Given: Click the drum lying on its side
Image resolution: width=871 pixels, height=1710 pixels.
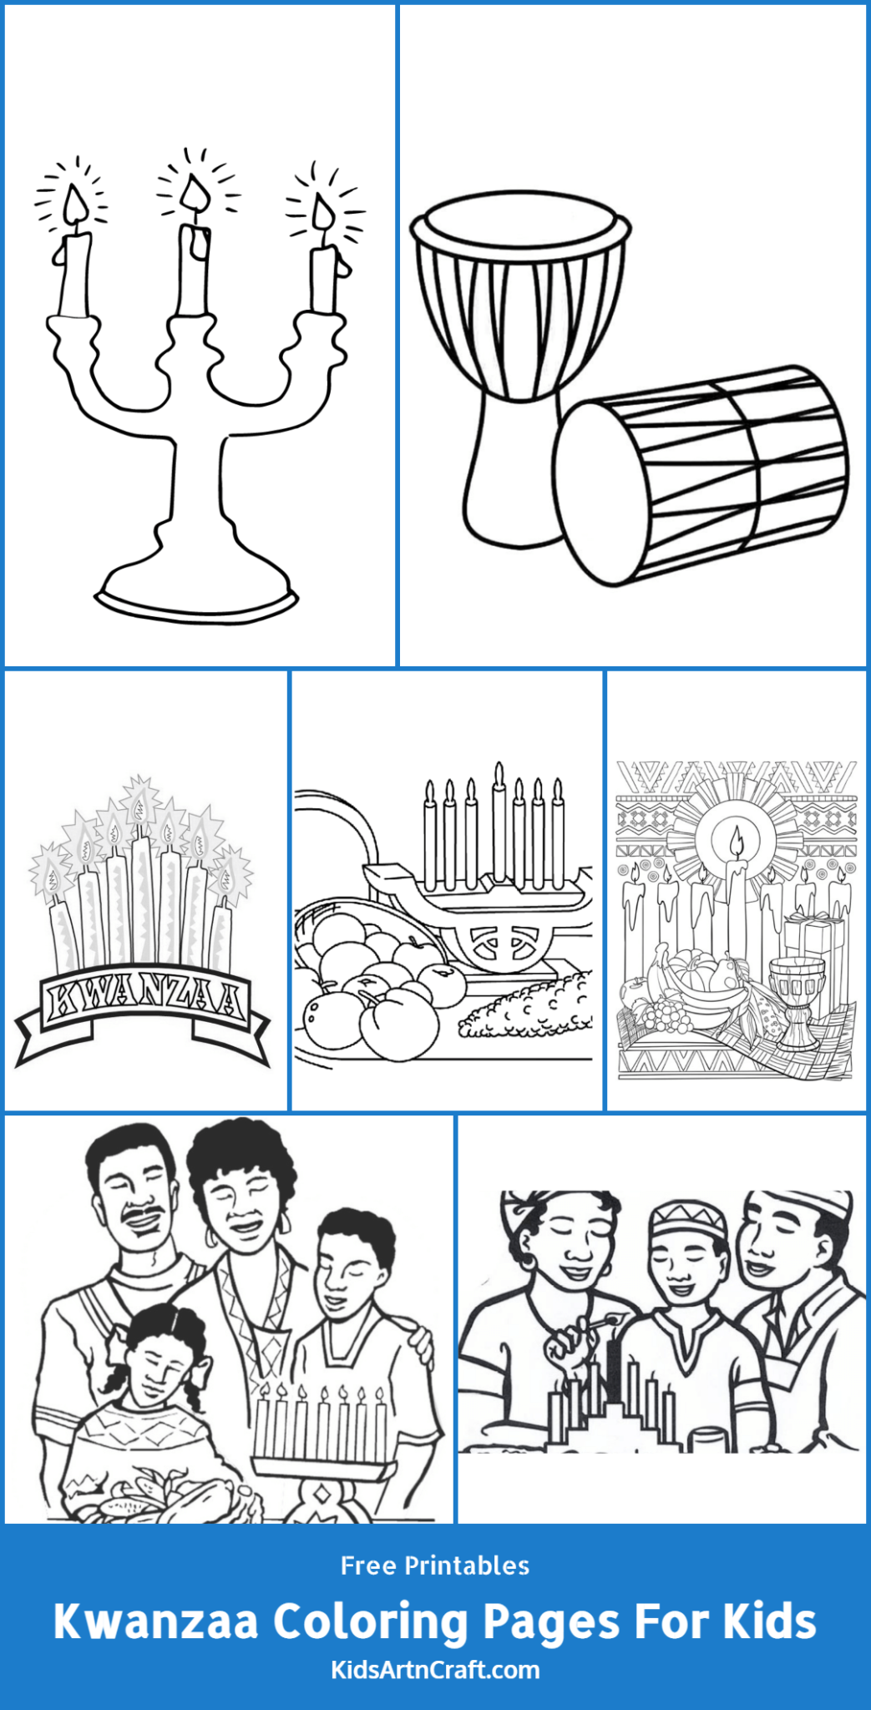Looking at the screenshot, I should tap(701, 476).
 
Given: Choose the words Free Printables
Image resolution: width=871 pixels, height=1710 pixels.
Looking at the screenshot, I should tap(434, 1566).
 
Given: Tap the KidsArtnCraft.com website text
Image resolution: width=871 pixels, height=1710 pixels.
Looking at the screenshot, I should tap(435, 1670).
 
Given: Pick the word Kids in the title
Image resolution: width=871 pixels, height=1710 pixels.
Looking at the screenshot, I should tap(769, 1621).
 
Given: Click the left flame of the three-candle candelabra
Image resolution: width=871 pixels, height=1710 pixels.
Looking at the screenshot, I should tap(74, 203).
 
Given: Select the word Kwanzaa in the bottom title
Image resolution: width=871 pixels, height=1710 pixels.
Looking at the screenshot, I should tap(156, 1621).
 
